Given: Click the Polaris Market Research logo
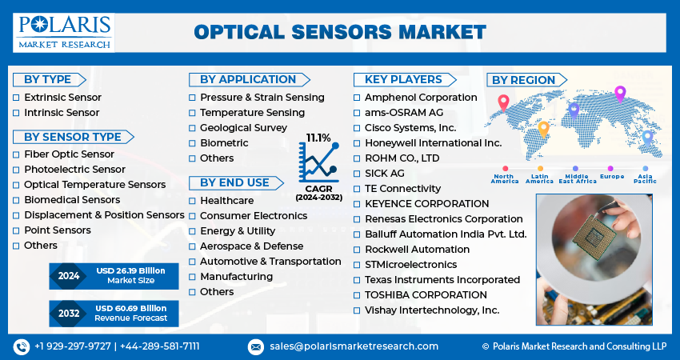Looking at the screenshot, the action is coord(64,33).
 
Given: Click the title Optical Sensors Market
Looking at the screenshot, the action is coord(340,33).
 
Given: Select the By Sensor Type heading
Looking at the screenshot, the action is coord(73,137).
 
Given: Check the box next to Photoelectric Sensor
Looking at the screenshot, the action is coord(16,170).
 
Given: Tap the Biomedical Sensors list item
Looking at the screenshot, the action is coord(72,200).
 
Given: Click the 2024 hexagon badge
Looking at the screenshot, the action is coord(69,276).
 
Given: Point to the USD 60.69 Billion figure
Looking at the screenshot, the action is coord(131,308).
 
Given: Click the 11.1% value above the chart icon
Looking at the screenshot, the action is coord(318,138).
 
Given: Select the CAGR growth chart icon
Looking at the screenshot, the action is coord(318,162).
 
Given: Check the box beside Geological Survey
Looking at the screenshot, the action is coord(192,128).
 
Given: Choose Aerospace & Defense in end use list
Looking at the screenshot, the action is coord(251,246).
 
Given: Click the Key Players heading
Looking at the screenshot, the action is coord(405,80).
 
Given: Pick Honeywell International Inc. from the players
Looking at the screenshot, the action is coord(434,143).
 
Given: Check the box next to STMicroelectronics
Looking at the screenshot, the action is coord(357,265).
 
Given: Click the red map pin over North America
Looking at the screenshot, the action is coord(503,103).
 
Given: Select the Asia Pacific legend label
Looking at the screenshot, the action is coord(646,178).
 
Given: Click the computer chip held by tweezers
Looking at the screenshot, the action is coord(594,237).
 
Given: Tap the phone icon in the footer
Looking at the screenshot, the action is coord(22,346).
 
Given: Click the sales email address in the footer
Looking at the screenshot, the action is coord(354,346).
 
